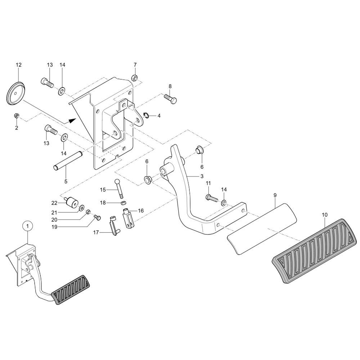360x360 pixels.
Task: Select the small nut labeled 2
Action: click(17, 116)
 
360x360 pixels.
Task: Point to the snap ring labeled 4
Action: click(146, 115)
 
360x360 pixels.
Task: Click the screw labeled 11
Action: click(211, 197)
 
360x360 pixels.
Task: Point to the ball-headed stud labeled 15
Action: click(119, 188)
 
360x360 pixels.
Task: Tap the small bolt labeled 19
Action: click(97, 217)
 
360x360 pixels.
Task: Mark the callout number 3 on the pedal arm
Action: click(202, 176)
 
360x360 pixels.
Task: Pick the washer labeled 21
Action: click(82, 208)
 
